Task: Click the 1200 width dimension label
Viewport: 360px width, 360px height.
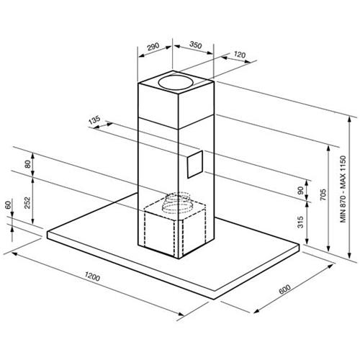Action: [92, 276]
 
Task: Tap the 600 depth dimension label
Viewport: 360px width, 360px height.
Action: [284, 289]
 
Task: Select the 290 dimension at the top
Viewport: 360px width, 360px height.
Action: [153, 46]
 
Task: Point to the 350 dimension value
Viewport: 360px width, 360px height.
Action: [196, 45]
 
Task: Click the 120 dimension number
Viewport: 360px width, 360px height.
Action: [239, 55]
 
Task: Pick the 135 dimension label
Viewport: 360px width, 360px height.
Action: [94, 120]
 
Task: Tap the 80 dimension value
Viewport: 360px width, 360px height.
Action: [28, 164]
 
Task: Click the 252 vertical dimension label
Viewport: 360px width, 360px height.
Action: [28, 202]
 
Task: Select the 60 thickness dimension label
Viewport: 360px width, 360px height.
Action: [8, 204]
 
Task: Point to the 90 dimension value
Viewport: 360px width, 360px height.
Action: [300, 190]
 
